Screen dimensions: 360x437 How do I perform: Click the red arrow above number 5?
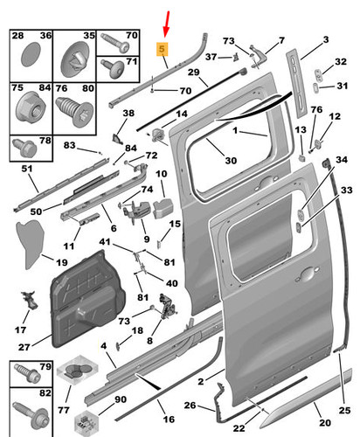167,24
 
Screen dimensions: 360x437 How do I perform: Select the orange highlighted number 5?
162,49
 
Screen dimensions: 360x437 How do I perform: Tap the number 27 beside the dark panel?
24,347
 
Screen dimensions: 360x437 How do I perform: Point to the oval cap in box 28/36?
31,54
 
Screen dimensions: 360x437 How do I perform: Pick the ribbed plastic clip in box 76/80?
74,111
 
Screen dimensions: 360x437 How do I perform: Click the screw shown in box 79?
27,374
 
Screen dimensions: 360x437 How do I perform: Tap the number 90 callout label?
121,399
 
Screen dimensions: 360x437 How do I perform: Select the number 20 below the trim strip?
325,422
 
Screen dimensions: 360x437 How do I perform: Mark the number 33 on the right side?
347,190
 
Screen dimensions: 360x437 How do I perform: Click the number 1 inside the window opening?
235,130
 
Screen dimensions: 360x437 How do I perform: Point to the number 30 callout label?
231,161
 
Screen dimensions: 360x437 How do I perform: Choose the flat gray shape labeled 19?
31,244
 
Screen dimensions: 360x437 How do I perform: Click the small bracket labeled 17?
30,299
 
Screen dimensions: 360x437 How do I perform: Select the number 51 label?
27,169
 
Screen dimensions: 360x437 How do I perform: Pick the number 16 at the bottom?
169,420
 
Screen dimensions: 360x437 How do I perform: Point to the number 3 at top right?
326,39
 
